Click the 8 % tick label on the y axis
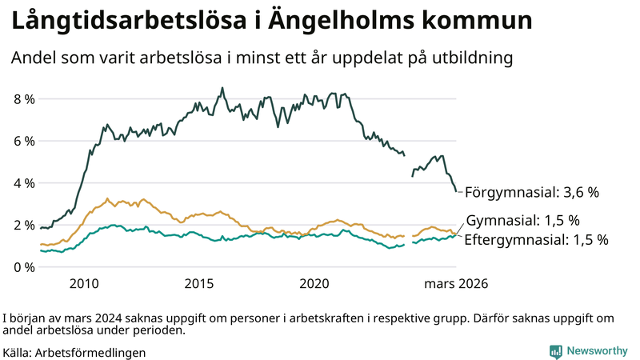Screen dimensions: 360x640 [x=23, y=99]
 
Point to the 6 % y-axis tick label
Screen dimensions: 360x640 [x=23, y=141]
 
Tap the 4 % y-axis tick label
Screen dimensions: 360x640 [x=23, y=183]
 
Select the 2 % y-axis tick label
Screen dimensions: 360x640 [x=23, y=225]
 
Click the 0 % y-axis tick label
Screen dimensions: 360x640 [x=23, y=266]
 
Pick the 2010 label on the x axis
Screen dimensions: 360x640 [x=84, y=283]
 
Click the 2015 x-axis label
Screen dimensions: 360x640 [x=199, y=283]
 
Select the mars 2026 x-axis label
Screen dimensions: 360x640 [x=456, y=283]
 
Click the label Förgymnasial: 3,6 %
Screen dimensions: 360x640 [x=532, y=192]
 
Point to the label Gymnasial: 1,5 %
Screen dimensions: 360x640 [x=522, y=220]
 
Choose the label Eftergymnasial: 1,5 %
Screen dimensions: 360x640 [x=536, y=239]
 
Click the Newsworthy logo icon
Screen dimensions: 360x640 [x=555, y=351]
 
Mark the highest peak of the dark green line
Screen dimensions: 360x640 [x=222, y=88]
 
